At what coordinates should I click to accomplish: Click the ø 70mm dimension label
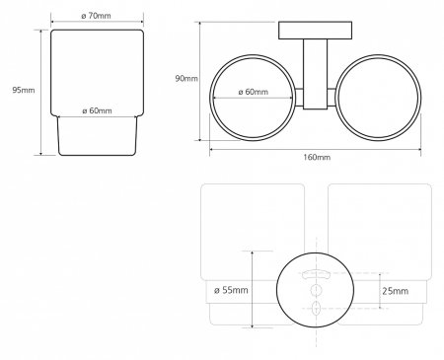click(96, 16)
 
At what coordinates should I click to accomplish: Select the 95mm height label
click(24, 90)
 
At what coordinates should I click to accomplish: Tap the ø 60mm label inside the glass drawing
click(97, 110)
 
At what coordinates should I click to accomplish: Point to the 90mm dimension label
click(186, 78)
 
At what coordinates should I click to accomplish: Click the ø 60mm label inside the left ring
click(254, 92)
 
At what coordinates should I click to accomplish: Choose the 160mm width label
click(317, 157)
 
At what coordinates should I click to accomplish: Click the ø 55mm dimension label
click(231, 290)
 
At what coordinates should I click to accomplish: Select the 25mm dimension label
click(396, 291)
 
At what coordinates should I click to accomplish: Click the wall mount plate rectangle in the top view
click(315, 31)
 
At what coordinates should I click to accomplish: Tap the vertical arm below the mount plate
click(315, 74)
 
